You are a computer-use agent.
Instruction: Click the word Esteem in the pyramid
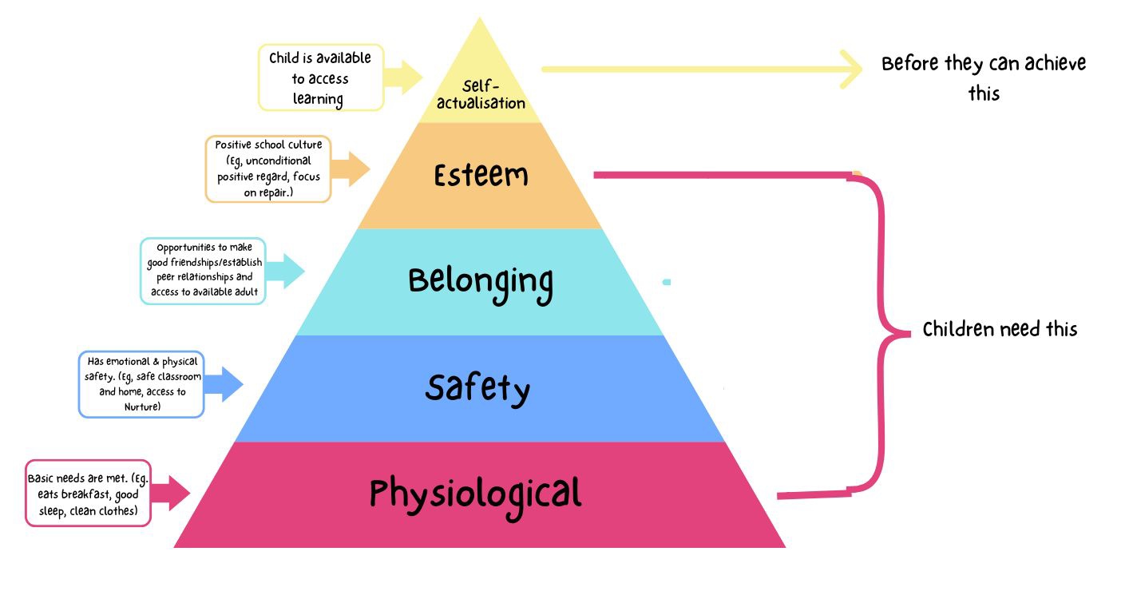(x=481, y=176)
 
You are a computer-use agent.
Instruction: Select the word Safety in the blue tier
(x=477, y=389)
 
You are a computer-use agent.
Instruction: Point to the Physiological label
(x=475, y=498)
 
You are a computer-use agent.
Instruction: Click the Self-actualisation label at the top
(x=481, y=95)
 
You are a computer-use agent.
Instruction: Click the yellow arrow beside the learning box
(x=403, y=77)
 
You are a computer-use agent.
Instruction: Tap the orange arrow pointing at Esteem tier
(x=351, y=169)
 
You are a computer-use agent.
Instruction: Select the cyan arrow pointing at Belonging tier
(x=285, y=271)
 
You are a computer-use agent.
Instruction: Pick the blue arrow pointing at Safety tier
(x=224, y=384)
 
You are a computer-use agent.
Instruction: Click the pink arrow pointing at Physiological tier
(x=171, y=493)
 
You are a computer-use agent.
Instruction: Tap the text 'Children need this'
(x=1000, y=330)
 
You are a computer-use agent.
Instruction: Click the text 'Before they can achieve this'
(x=984, y=78)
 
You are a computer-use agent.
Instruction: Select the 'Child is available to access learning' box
(x=321, y=77)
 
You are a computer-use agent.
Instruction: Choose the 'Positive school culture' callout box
(x=268, y=169)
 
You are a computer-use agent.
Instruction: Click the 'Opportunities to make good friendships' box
(x=203, y=271)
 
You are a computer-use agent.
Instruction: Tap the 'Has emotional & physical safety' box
(x=141, y=384)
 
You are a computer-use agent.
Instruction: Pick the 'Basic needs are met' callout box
(x=88, y=493)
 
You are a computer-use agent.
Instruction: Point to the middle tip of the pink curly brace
(x=909, y=333)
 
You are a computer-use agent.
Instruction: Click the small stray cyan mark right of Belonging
(x=667, y=283)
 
